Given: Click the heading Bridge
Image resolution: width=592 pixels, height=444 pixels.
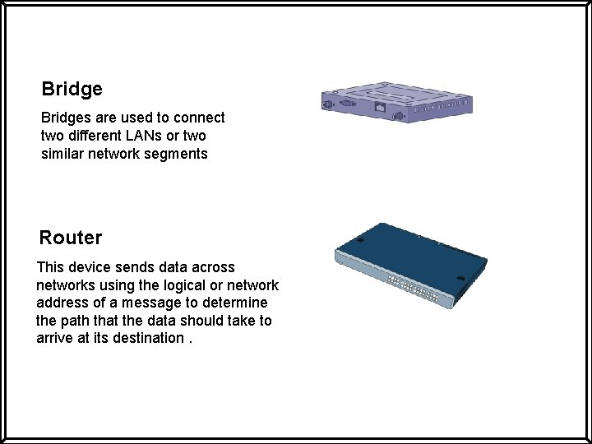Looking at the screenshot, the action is [72, 89].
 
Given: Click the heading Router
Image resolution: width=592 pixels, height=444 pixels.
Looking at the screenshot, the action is [71, 238].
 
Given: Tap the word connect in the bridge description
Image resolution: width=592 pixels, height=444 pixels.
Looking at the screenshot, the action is [201, 118].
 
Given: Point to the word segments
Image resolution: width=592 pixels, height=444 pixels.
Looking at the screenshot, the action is [178, 154].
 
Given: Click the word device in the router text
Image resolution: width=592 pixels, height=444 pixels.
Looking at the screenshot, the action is [94, 267].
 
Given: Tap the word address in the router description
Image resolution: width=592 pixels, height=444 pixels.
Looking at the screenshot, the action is [62, 303].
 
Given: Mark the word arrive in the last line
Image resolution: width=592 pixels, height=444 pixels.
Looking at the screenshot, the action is [54, 339].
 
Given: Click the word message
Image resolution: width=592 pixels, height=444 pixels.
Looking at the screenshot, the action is [146, 303].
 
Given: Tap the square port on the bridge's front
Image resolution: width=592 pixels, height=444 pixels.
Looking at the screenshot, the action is [380, 107].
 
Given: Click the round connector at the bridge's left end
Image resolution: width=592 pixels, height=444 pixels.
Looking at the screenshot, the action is [326, 104].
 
